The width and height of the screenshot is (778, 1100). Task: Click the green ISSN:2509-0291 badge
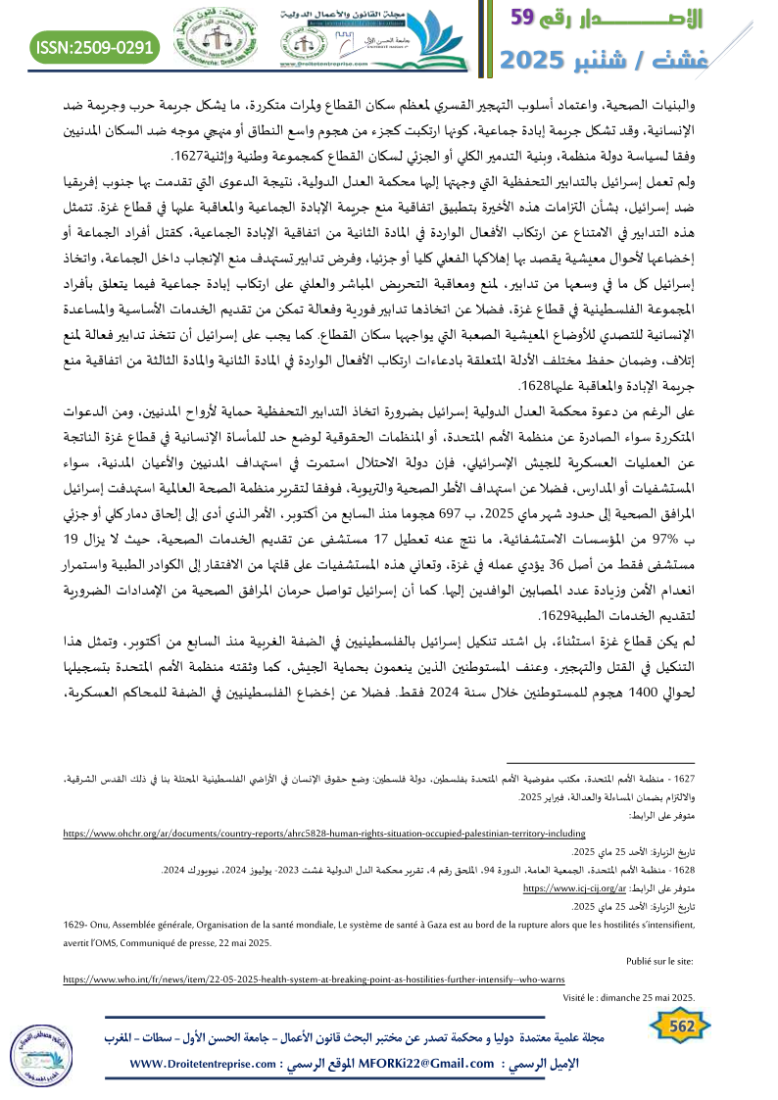pos(96,45)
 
